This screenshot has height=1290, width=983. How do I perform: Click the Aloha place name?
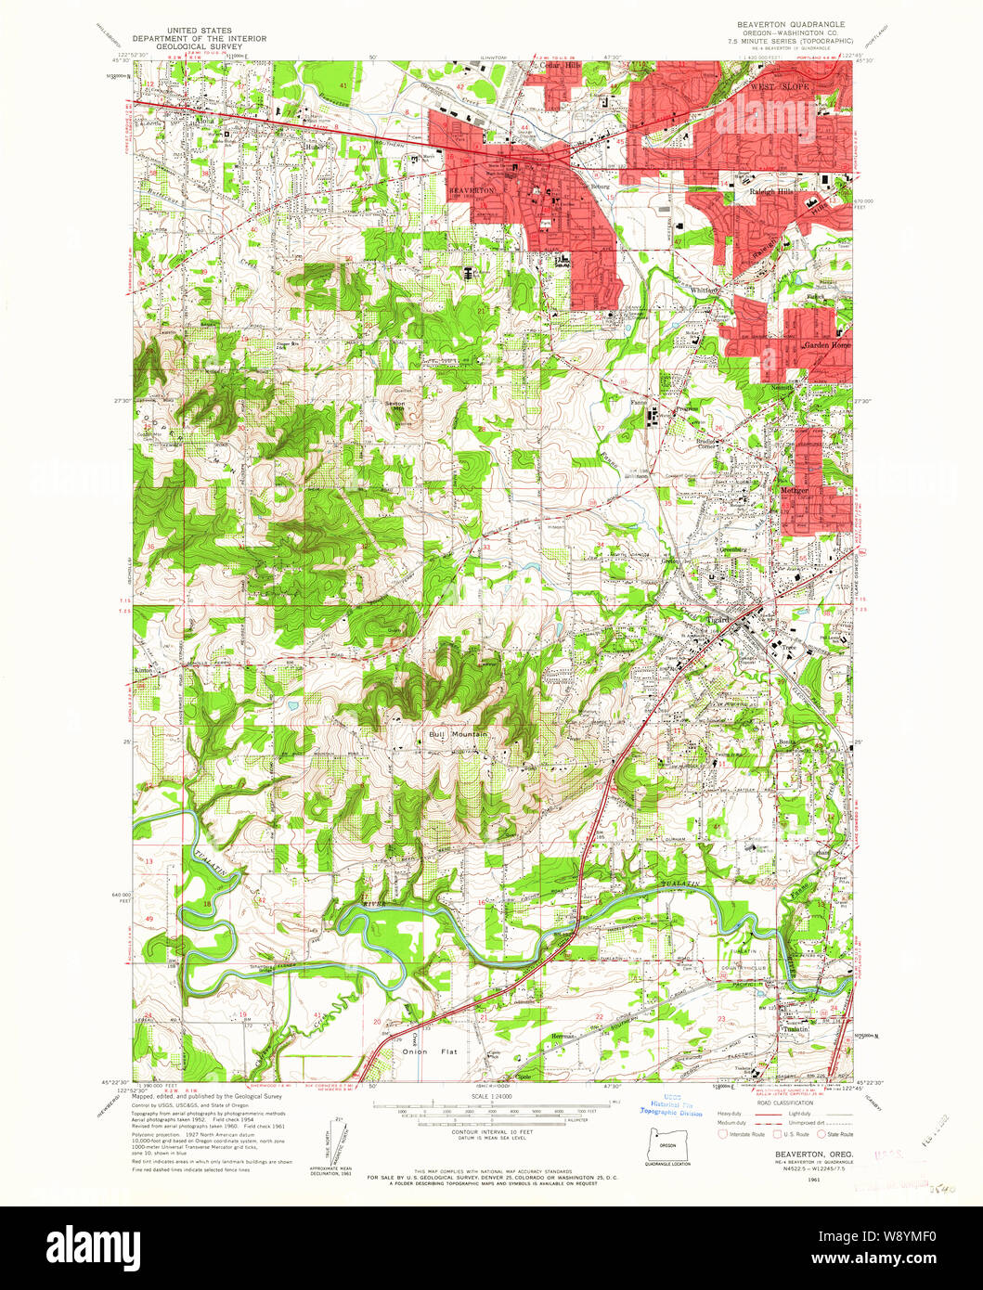point(204,120)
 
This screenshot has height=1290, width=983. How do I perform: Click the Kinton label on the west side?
point(144,669)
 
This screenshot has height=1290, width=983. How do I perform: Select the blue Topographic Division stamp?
point(670,1109)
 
